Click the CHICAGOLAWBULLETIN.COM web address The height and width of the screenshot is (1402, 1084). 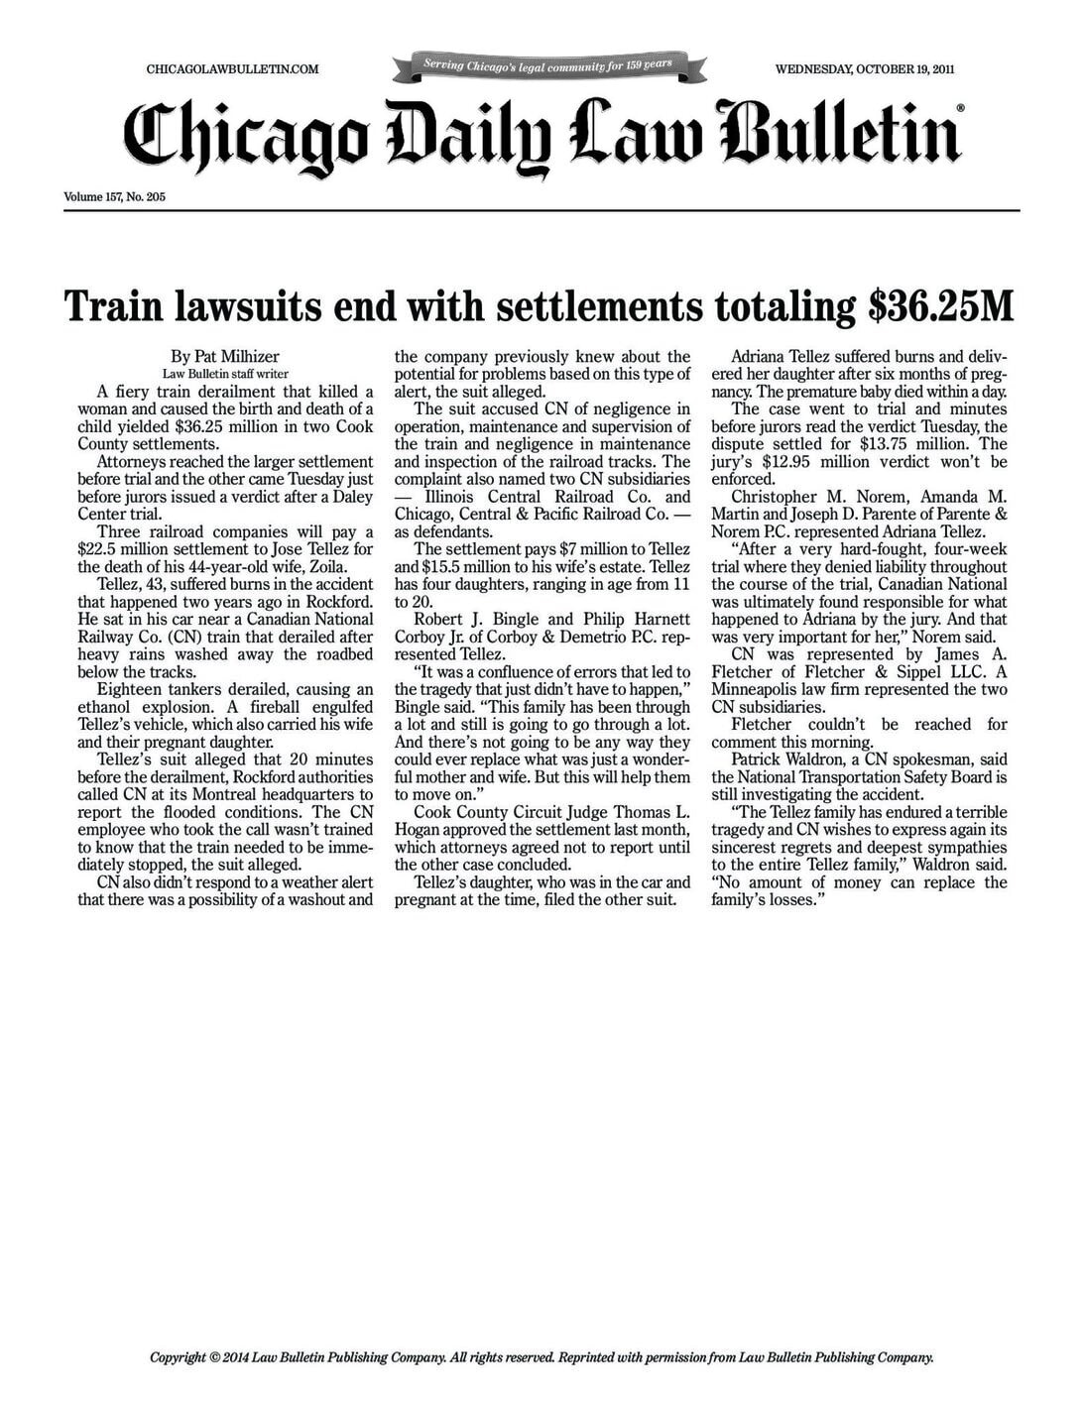pyautogui.click(x=232, y=69)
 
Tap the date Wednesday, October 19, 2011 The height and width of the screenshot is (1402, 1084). pyautogui.click(x=865, y=69)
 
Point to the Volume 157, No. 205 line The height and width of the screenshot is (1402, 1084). pyautogui.click(x=114, y=197)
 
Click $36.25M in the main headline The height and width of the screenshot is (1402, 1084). pyautogui.click(x=941, y=306)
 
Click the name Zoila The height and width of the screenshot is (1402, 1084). pyautogui.click(x=323, y=567)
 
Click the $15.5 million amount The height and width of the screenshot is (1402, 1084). pyautogui.click(x=462, y=567)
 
